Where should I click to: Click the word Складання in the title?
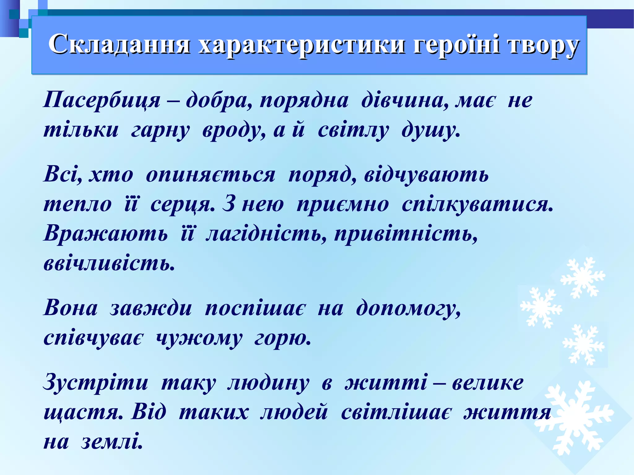point(119,44)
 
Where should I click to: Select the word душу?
point(430,130)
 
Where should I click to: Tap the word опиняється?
point(211,175)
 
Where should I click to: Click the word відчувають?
point(426,175)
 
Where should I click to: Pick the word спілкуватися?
point(477,204)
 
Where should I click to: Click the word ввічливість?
point(109,264)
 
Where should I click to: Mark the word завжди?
point(151,308)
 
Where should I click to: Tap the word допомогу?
point(408,308)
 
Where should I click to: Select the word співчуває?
point(94,338)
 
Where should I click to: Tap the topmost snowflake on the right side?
point(583,277)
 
